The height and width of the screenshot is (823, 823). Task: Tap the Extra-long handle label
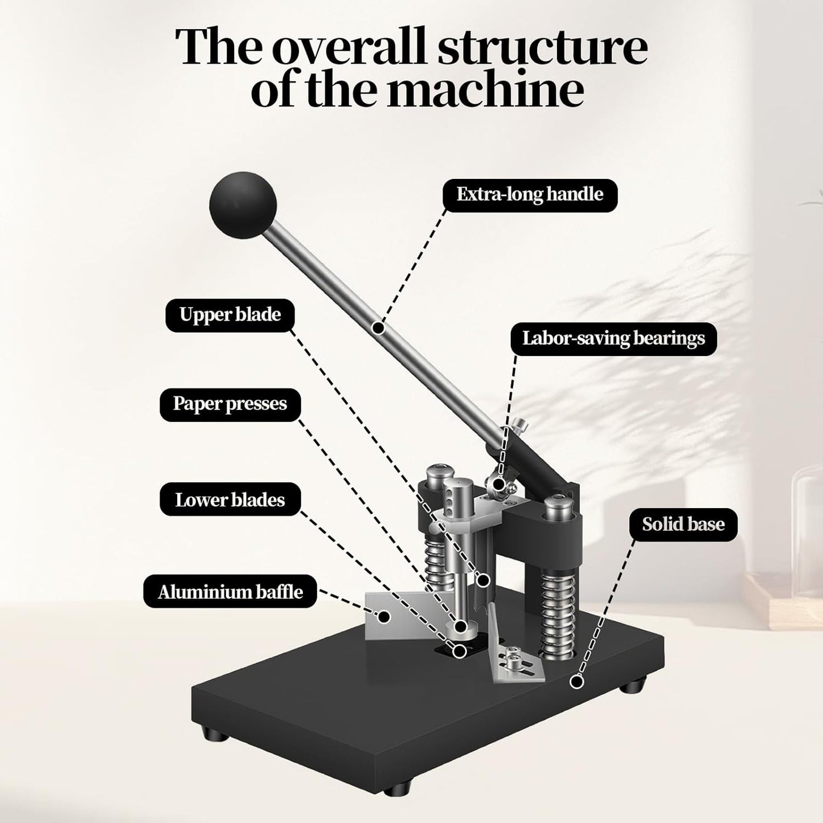tap(530, 195)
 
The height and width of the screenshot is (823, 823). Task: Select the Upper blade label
tap(230, 315)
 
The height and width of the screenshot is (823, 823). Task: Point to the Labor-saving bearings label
tap(613, 339)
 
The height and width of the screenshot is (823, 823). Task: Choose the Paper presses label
tap(230, 404)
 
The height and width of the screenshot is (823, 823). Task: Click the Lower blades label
tap(230, 500)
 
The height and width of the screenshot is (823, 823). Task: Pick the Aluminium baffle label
tap(230, 592)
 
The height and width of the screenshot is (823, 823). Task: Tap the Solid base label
tap(683, 525)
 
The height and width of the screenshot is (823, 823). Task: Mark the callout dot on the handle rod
tap(377, 327)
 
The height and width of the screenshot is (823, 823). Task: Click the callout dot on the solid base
tap(577, 681)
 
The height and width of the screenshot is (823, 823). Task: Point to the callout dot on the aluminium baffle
tap(384, 616)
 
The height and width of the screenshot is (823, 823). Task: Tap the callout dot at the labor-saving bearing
tap(499, 485)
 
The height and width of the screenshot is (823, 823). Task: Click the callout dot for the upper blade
tap(484, 580)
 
